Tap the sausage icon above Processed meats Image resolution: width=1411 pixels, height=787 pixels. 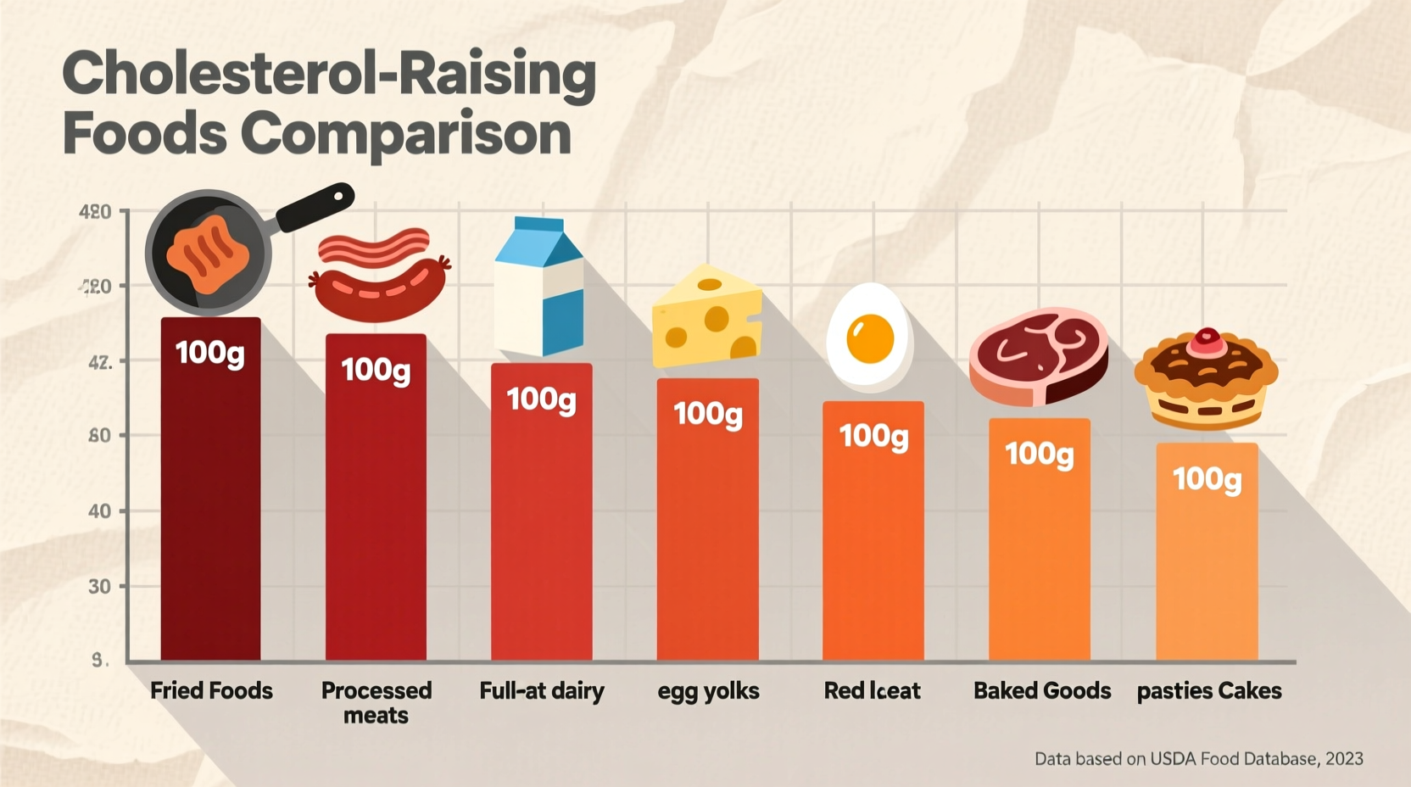[379, 291]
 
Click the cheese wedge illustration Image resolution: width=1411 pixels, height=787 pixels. [706, 319]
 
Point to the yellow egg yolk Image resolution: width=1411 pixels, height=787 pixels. [871, 337]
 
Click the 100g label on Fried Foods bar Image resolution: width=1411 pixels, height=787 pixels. [210, 353]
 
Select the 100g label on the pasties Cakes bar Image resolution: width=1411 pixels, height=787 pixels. [1207, 479]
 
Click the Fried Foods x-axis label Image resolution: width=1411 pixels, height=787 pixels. [211, 690]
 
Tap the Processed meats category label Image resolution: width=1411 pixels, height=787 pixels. [376, 702]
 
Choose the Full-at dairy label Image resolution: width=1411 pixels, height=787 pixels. [542, 690]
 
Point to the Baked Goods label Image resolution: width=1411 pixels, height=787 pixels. [1042, 690]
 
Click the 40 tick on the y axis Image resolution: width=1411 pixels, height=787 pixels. [100, 511]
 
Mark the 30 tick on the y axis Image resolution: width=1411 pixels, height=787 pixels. [100, 586]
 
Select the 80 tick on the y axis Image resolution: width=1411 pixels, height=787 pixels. [100, 436]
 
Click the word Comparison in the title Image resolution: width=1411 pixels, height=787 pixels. [405, 135]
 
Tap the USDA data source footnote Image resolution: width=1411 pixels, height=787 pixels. [1198, 759]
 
